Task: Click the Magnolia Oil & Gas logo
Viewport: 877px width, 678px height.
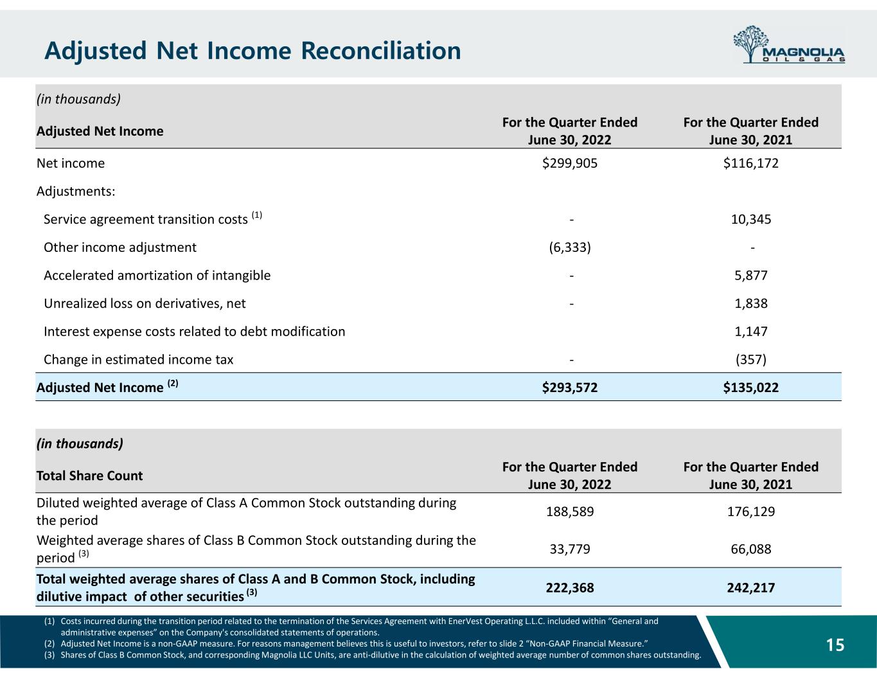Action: pos(788,45)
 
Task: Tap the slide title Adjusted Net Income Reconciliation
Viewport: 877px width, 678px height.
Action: pos(252,50)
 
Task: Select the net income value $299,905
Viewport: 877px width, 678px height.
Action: pos(570,163)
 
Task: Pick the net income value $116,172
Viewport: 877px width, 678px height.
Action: pos(750,163)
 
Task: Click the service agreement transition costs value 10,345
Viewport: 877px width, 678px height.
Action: pos(750,219)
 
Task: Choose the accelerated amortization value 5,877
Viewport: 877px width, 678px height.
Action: pos(750,276)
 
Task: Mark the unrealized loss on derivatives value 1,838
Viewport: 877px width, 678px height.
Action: pos(750,303)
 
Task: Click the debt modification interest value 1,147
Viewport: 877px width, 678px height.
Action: pos(750,332)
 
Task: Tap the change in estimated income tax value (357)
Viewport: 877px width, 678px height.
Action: pos(750,360)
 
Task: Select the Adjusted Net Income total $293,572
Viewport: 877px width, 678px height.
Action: pos(570,388)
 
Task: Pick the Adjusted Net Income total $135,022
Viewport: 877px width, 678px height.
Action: pos(750,388)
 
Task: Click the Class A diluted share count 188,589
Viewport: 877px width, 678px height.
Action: pos(570,512)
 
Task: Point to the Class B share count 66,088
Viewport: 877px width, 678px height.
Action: pos(750,549)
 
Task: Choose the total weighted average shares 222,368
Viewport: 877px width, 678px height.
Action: pos(570,587)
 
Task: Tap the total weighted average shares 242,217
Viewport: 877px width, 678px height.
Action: pos(750,587)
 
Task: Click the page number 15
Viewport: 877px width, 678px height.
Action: pos(835,645)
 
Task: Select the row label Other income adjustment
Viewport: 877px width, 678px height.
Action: pos(120,247)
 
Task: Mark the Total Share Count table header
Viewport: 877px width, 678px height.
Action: pos(90,476)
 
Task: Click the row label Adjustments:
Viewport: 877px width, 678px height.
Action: pos(76,192)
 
